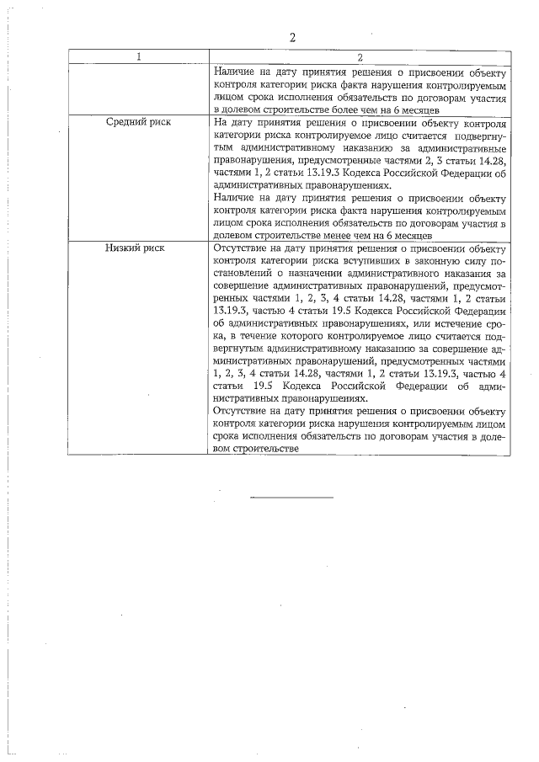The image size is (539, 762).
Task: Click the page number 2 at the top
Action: click(292, 37)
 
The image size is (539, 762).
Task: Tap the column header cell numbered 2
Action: click(359, 57)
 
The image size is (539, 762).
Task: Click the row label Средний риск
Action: click(138, 122)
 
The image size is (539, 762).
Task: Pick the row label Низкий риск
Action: click(136, 248)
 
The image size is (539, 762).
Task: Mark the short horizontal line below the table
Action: click(291, 498)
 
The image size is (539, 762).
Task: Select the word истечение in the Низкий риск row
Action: click(440, 334)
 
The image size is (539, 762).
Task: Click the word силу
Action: click(467, 261)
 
